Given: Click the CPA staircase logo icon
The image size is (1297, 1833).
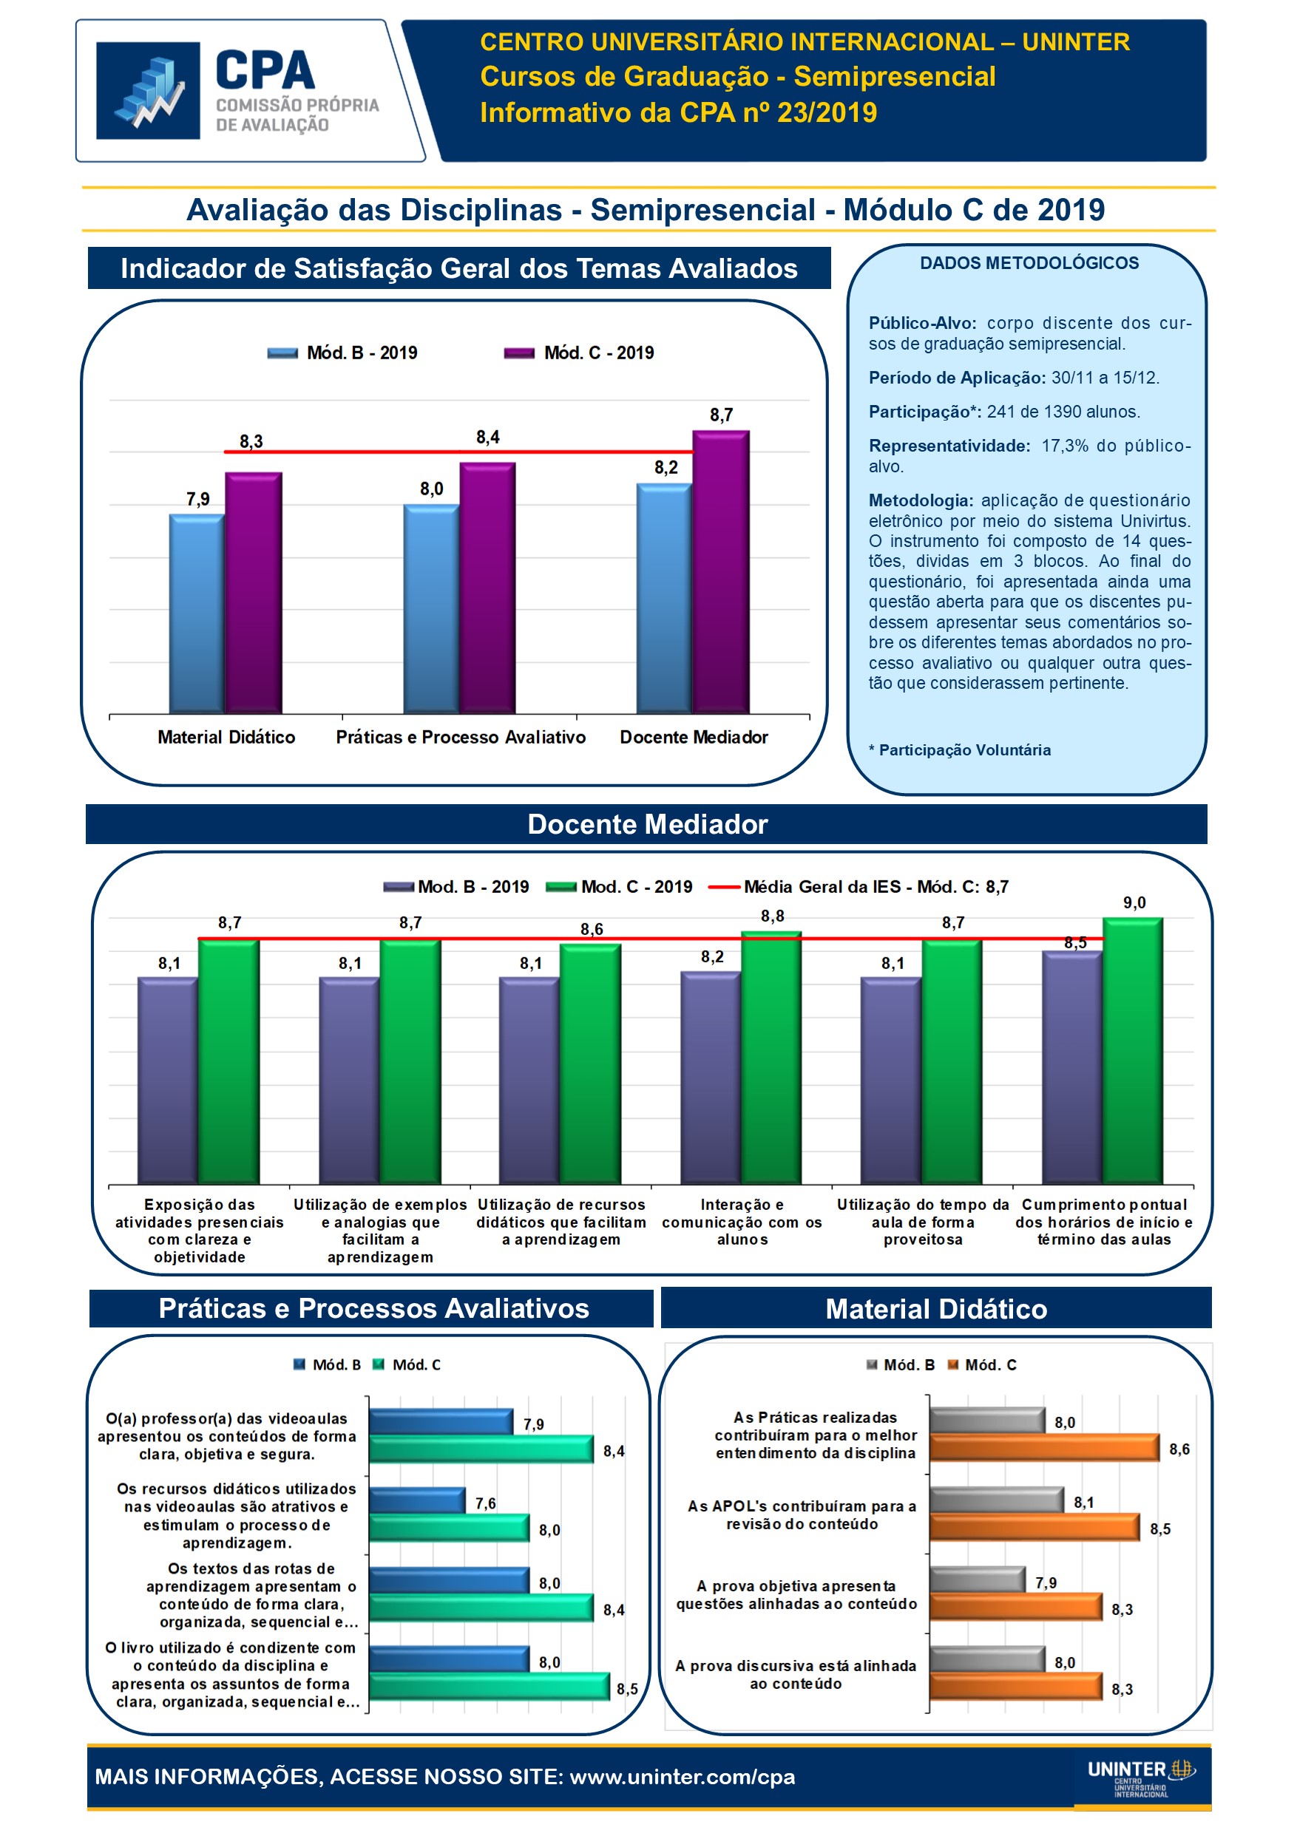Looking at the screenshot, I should coord(148,90).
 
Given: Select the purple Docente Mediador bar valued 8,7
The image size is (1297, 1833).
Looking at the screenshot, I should coord(720,571).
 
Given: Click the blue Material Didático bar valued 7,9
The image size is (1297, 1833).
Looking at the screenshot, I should coord(197,613).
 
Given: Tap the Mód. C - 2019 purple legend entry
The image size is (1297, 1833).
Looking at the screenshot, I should coord(579,353).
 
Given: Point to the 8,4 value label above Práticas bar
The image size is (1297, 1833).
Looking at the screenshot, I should coord(488,437).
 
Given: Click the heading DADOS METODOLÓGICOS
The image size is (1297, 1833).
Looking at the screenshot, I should coord(1029,263).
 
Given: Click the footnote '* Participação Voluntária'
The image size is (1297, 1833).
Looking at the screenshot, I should coord(960,749).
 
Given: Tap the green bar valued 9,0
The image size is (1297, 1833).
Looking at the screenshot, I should coord(1133,1050).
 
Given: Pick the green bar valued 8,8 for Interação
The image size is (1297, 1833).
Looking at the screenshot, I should coord(771,1057).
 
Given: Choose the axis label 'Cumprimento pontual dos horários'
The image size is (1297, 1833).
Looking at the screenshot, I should coord(1104,1222).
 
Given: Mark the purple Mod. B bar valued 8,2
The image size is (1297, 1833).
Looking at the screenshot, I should coord(710,1077).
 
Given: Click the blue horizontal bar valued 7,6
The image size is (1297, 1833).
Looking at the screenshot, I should coord(417,1500).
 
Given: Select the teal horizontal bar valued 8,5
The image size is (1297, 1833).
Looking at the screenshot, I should coord(489,1685).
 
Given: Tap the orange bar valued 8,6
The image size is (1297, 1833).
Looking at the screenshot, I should coord(1043,1448).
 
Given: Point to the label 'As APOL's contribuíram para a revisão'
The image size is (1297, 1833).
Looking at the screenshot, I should coord(802,1514).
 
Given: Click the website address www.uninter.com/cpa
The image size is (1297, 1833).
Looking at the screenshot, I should coord(682,1776).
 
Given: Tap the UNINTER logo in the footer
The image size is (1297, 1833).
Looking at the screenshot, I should coord(1140,1777).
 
